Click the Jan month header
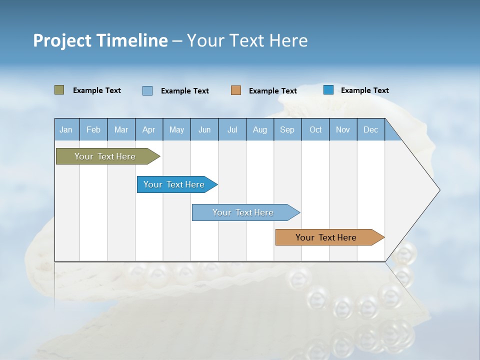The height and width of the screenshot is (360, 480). click(66, 130)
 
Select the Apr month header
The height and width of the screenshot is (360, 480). click(149, 130)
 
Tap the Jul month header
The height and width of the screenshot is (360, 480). click(232, 130)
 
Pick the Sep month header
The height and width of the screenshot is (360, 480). click(287, 130)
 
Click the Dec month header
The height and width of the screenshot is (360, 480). click(371, 130)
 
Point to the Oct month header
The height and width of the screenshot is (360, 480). click(315, 130)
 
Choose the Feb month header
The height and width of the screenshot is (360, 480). click(93, 130)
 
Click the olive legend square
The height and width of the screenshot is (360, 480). click(59, 90)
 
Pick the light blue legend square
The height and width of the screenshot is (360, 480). click(147, 90)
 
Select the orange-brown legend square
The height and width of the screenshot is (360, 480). click(236, 90)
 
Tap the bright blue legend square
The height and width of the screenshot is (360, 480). click(328, 90)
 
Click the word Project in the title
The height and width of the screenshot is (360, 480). click(63, 40)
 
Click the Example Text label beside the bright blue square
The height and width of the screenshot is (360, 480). click(364, 90)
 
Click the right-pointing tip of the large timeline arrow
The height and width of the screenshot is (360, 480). click(438, 190)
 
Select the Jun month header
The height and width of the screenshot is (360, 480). click(204, 130)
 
